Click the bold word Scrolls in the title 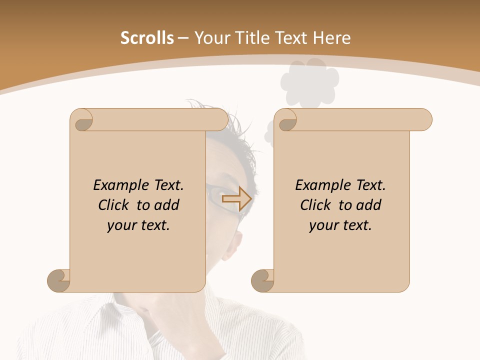click(147, 38)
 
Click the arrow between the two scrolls click(236, 198)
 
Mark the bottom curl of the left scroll click(58, 280)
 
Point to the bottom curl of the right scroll click(262, 280)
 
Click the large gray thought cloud click(309, 82)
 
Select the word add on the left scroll click(167, 205)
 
